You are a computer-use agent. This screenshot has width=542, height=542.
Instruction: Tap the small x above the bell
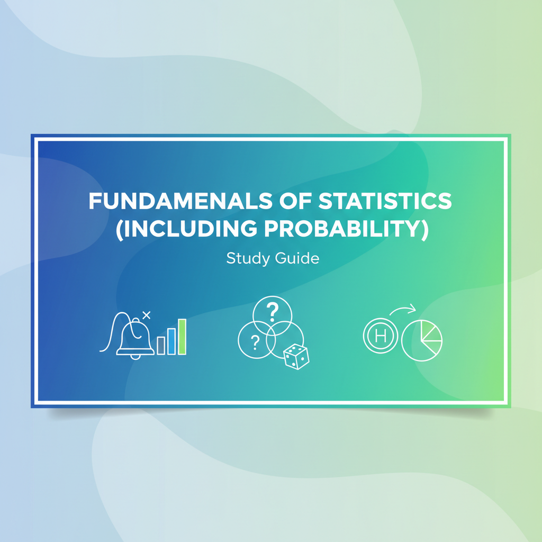pyautogui.click(x=147, y=315)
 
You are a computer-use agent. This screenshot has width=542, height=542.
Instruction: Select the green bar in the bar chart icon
pyautogui.click(x=182, y=337)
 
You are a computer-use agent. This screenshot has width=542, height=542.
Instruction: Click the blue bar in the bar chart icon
pyautogui.click(x=171, y=341)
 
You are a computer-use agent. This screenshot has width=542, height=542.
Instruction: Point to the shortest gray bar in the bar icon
pyautogui.click(x=161, y=346)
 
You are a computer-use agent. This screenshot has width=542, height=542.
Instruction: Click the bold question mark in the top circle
pyautogui.click(x=273, y=311)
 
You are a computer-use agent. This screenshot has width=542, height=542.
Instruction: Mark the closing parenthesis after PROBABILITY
pyautogui.click(x=424, y=231)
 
